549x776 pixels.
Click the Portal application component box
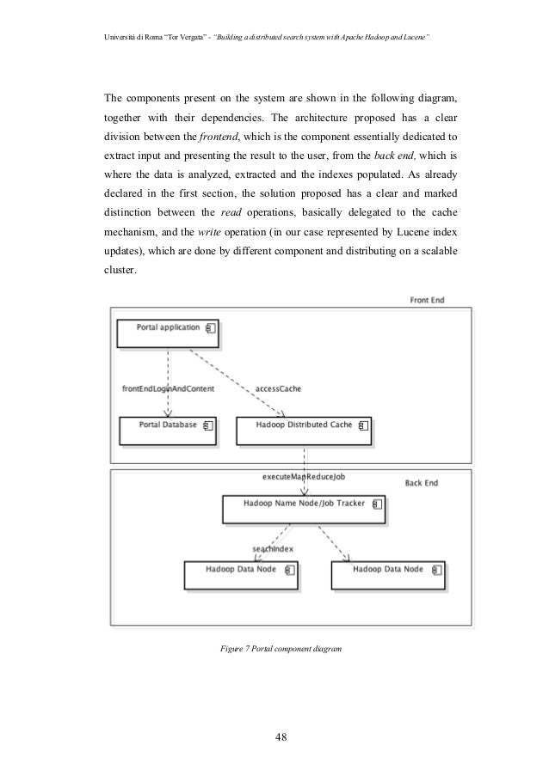click(x=168, y=333)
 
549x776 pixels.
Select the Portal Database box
click(x=169, y=431)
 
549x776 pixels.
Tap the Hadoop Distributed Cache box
click(x=304, y=431)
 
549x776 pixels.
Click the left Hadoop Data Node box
click(x=241, y=575)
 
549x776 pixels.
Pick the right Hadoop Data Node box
click(x=388, y=575)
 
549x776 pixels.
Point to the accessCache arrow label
click(x=279, y=388)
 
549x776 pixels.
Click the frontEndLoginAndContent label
click(x=169, y=388)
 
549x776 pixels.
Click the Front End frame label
click(x=426, y=300)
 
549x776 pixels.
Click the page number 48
click(x=280, y=736)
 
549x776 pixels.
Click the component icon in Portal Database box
click(x=207, y=425)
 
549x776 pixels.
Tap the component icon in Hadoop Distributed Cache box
click(x=363, y=425)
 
